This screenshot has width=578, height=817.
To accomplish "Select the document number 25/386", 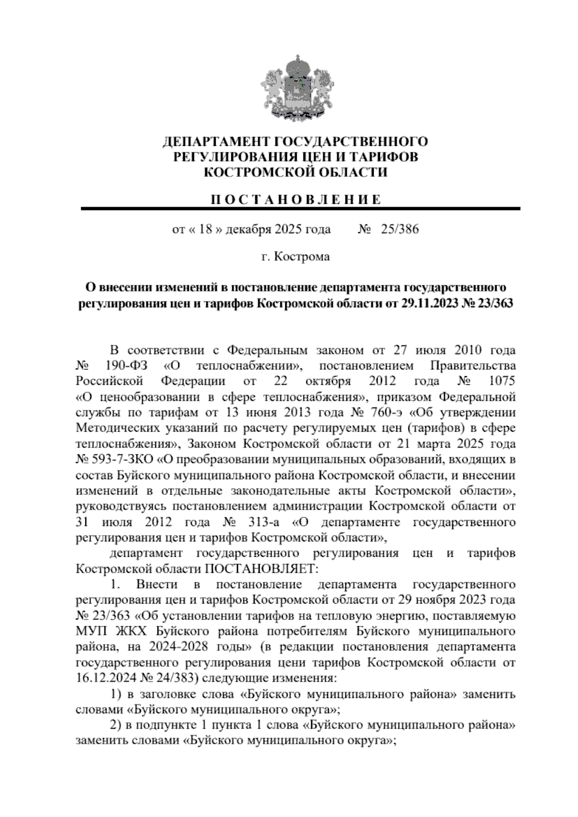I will (x=399, y=229).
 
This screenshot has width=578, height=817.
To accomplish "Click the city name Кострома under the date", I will (x=302, y=257).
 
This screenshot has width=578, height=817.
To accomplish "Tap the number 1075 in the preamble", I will (x=502, y=381).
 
